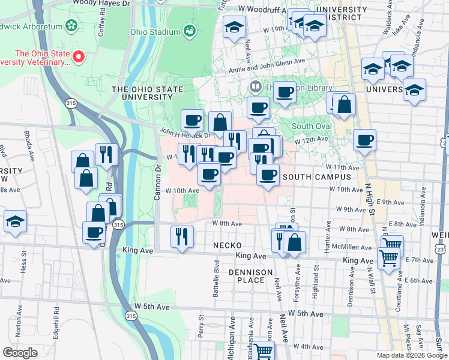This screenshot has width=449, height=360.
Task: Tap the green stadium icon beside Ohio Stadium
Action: (x=190, y=30)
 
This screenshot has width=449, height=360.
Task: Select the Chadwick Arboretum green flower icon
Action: (x=72, y=25)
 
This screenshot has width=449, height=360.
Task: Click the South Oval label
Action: (x=312, y=127)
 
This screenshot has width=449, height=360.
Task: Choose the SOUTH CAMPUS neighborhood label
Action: (x=316, y=178)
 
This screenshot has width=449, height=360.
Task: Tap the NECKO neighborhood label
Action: (x=228, y=246)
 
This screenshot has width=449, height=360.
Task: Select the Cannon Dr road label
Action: (x=159, y=179)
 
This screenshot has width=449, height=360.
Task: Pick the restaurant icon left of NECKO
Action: (x=181, y=236)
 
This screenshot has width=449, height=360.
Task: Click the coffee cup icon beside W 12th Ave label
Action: (x=364, y=141)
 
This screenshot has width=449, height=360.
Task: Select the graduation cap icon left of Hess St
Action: (x=15, y=221)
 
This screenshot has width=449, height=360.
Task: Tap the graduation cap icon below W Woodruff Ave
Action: (x=235, y=26)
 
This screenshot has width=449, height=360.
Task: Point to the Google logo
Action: (x=20, y=352)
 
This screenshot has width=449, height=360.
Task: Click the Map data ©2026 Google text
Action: (x=411, y=355)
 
